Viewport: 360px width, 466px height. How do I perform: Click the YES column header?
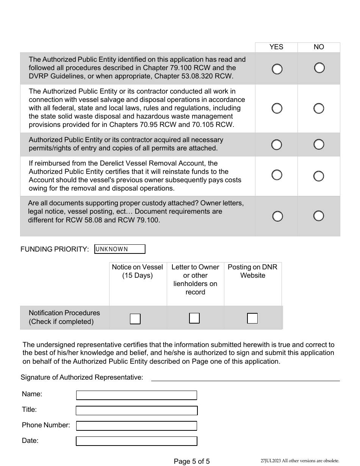coord(276,47)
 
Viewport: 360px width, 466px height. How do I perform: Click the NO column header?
coord(319,47)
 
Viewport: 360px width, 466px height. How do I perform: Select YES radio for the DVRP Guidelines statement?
coord(277,69)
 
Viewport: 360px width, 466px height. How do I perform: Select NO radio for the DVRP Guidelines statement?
coord(319,68)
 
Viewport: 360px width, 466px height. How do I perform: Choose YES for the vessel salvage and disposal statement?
coord(277,108)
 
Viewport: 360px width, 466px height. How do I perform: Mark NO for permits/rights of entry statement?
coord(319,144)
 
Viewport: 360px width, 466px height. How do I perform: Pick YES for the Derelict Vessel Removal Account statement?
coord(277,175)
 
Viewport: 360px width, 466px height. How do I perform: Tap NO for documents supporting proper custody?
coord(319,216)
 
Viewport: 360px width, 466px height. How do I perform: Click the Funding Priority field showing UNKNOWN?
coord(120,249)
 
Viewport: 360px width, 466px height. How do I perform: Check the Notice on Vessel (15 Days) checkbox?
coord(135,319)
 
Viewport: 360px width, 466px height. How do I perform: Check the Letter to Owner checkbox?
coord(194,318)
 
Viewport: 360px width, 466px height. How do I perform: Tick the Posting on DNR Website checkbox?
coord(252,318)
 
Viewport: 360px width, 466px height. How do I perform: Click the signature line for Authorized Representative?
coord(245,377)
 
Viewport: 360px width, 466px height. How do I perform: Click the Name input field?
coord(136,395)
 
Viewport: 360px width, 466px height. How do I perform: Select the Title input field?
coord(136,411)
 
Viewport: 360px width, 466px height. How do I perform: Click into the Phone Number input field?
coord(136,426)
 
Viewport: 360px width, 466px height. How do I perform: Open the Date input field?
coord(136,441)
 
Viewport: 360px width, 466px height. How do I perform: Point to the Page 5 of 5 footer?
coord(191,461)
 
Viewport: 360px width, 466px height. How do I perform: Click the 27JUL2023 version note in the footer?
coord(300,461)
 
